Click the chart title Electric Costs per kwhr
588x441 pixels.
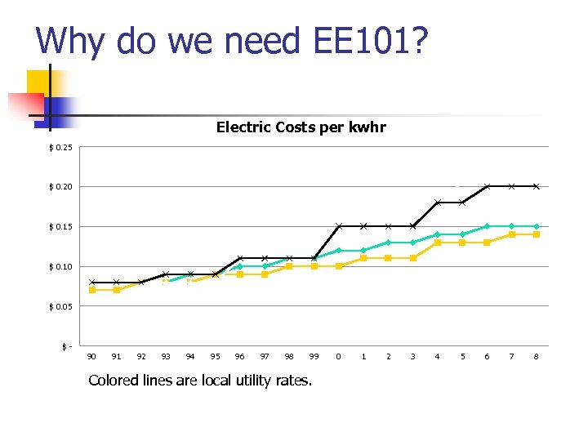coord(301,127)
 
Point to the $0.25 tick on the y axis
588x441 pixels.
coord(60,147)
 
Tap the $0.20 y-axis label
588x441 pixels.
coord(60,187)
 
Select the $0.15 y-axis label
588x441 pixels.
coord(60,226)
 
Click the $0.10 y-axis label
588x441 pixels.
coord(60,266)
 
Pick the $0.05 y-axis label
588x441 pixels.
coord(60,306)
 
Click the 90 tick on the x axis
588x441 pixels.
coord(91,356)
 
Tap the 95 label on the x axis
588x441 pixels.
coord(216,356)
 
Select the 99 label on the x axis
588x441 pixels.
coord(314,356)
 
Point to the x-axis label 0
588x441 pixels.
coord(339,356)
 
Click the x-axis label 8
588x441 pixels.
coord(537,356)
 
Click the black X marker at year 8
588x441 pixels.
coord(537,186)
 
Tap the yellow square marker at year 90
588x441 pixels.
coord(91,290)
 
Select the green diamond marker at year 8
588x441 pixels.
coord(537,226)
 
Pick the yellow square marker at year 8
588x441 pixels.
coord(537,234)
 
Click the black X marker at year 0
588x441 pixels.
coord(339,226)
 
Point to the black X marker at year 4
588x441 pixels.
coord(438,203)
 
